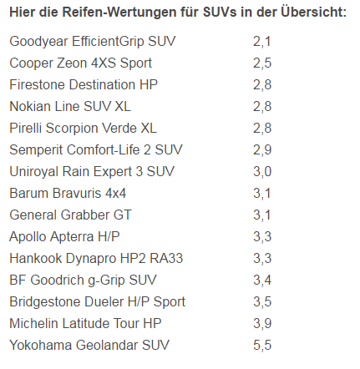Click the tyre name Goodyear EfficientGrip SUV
pos(93,41)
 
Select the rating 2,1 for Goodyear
pos(262,41)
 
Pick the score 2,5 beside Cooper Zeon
pos(262,63)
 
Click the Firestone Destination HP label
pos(84,84)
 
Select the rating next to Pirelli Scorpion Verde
pos(262,128)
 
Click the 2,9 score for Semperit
pos(262,149)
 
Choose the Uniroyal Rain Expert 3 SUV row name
pos(92,171)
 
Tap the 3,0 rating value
pos(262,171)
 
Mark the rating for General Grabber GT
pos(262,215)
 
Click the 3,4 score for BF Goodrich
pos(262,280)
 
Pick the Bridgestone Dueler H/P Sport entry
pos(97,301)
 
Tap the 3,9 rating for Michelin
pos(262,323)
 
